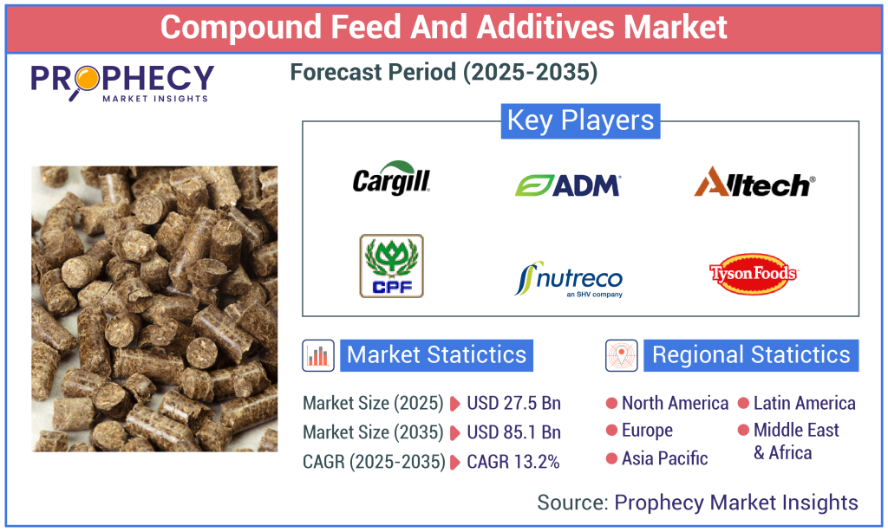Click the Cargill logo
(391, 179)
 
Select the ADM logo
(567, 185)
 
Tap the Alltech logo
(754, 182)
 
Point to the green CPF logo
(391, 266)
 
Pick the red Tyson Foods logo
(753, 275)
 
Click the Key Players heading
(580, 120)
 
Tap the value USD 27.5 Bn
(513, 403)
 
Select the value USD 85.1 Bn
(513, 431)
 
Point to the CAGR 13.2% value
(513, 461)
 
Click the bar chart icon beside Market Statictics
(318, 355)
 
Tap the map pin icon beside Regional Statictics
(621, 355)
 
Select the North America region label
(675, 403)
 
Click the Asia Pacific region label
(664, 458)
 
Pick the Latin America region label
(804, 403)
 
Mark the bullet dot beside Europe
(611, 431)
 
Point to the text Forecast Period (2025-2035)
(444, 73)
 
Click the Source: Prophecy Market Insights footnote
(697, 502)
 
